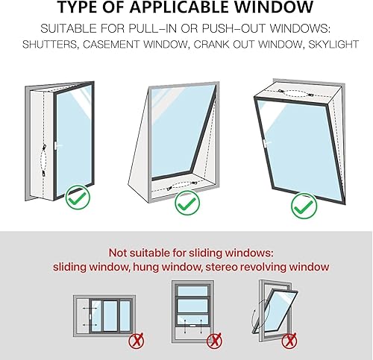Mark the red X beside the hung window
tap(213, 341)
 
